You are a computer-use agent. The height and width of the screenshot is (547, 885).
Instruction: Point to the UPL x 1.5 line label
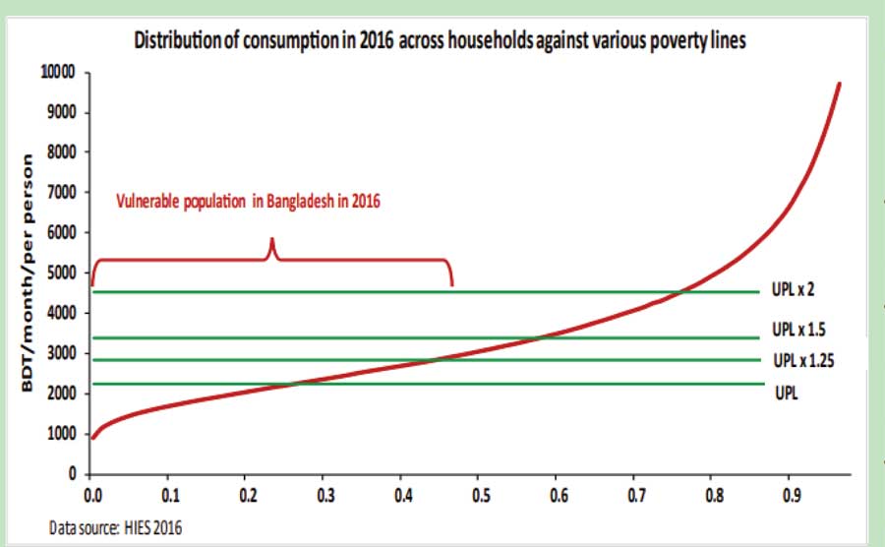[799, 333]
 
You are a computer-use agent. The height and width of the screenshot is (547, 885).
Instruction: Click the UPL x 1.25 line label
[802, 359]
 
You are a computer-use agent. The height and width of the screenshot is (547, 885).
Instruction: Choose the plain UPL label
[786, 392]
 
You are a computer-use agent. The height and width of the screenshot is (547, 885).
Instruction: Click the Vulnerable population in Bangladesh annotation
[247, 203]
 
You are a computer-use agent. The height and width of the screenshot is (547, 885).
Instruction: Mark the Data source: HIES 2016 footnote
[115, 528]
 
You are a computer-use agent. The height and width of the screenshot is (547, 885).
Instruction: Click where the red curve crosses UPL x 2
[679, 291]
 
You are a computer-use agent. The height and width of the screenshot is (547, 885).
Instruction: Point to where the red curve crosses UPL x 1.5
[539, 337]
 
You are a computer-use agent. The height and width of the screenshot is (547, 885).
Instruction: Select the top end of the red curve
[839, 84]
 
